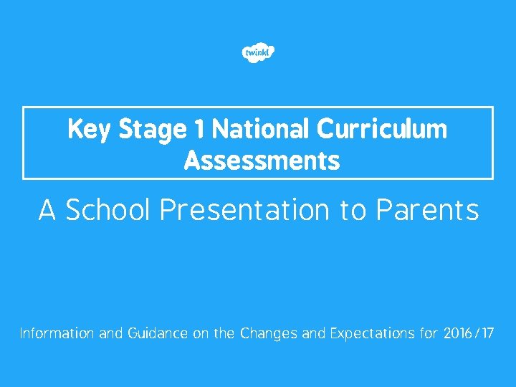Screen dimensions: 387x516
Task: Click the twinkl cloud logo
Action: click(258, 53)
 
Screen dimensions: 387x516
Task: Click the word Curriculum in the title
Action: click(382, 130)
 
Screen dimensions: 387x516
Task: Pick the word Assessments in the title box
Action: click(262, 161)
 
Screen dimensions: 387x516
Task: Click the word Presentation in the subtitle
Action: click(244, 211)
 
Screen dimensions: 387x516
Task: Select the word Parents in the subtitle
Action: click(427, 211)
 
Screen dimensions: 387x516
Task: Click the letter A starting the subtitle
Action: click(47, 211)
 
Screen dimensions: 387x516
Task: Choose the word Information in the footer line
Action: click(57, 334)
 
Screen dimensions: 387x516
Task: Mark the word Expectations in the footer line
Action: click(364, 334)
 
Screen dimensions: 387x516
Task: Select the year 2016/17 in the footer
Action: click(469, 334)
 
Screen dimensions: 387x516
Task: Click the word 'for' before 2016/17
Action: click(429, 334)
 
